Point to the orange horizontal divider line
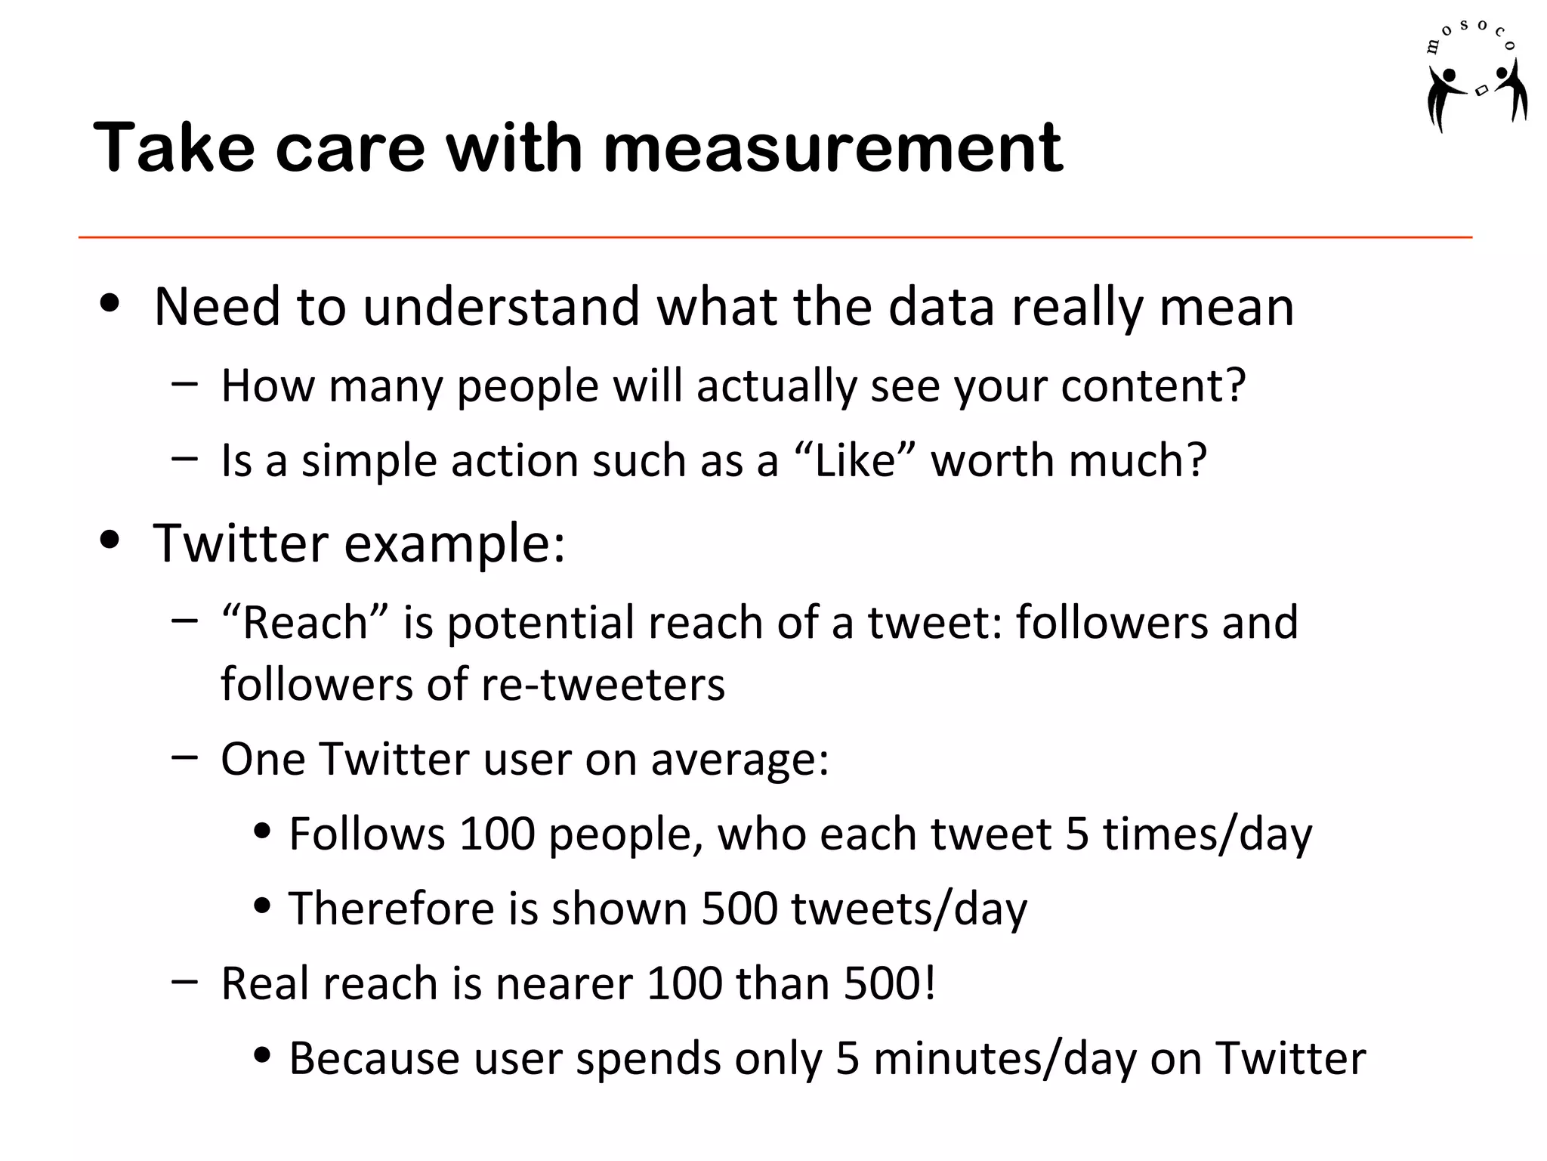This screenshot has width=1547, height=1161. pos(775,237)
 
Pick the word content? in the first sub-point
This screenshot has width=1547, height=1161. pos(1153,385)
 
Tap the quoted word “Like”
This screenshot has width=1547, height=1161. pos(854,460)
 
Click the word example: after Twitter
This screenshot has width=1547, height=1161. pos(454,544)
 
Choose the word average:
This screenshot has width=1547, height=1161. pos(740,760)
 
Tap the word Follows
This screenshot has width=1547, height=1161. pos(367,834)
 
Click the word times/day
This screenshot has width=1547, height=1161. pos(1207,835)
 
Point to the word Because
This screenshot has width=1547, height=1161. pos(374,1058)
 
